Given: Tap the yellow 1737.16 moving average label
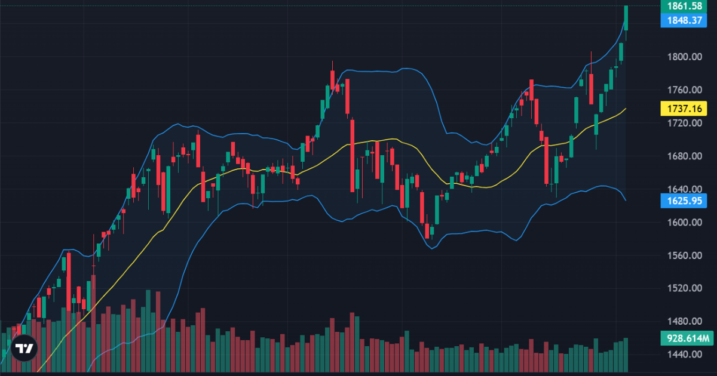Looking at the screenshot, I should (x=684, y=109).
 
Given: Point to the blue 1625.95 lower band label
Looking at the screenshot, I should (x=684, y=201).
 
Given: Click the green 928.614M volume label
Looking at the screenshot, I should (x=687, y=338).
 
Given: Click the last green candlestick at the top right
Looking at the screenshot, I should (x=626, y=18).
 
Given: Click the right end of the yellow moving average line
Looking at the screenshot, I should (x=625, y=109).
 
